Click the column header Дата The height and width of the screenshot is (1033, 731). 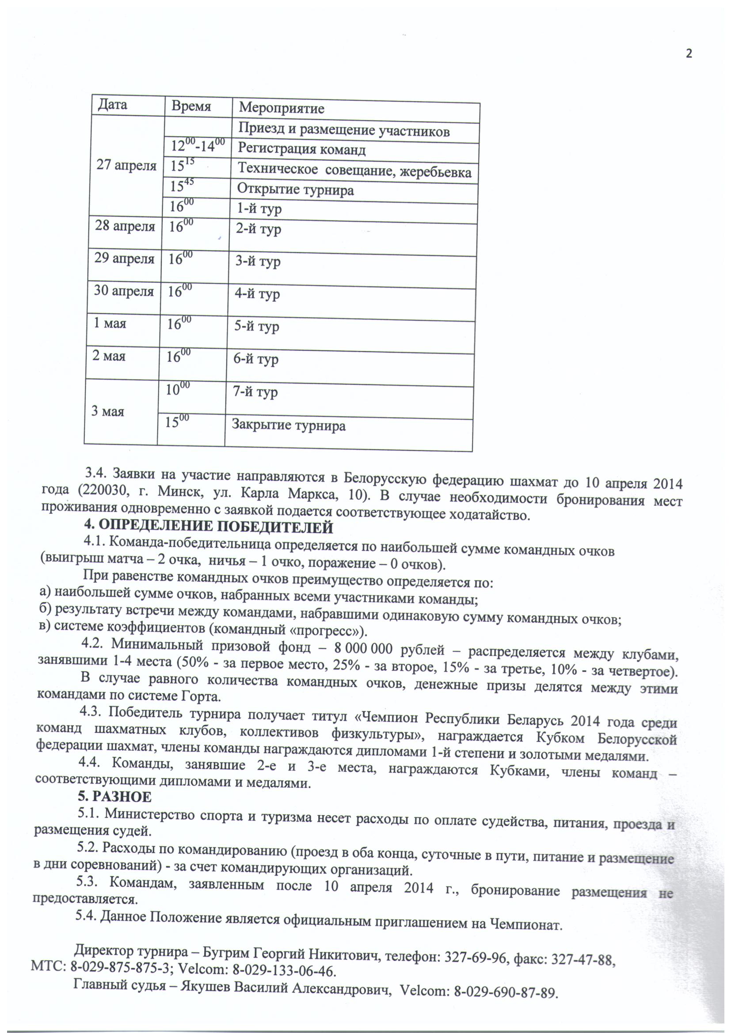coord(113,104)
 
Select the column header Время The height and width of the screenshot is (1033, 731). coord(191,106)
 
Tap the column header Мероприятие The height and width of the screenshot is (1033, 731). coord(282,108)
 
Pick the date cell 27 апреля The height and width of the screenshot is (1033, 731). coord(126,165)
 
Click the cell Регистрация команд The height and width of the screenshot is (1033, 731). coord(301,148)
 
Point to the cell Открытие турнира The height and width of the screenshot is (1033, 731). coord(295,190)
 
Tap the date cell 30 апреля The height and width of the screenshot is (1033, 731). coord(124,291)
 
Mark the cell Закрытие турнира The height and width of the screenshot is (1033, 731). coord(289,425)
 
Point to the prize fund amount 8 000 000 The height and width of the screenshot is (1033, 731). coord(363,649)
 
